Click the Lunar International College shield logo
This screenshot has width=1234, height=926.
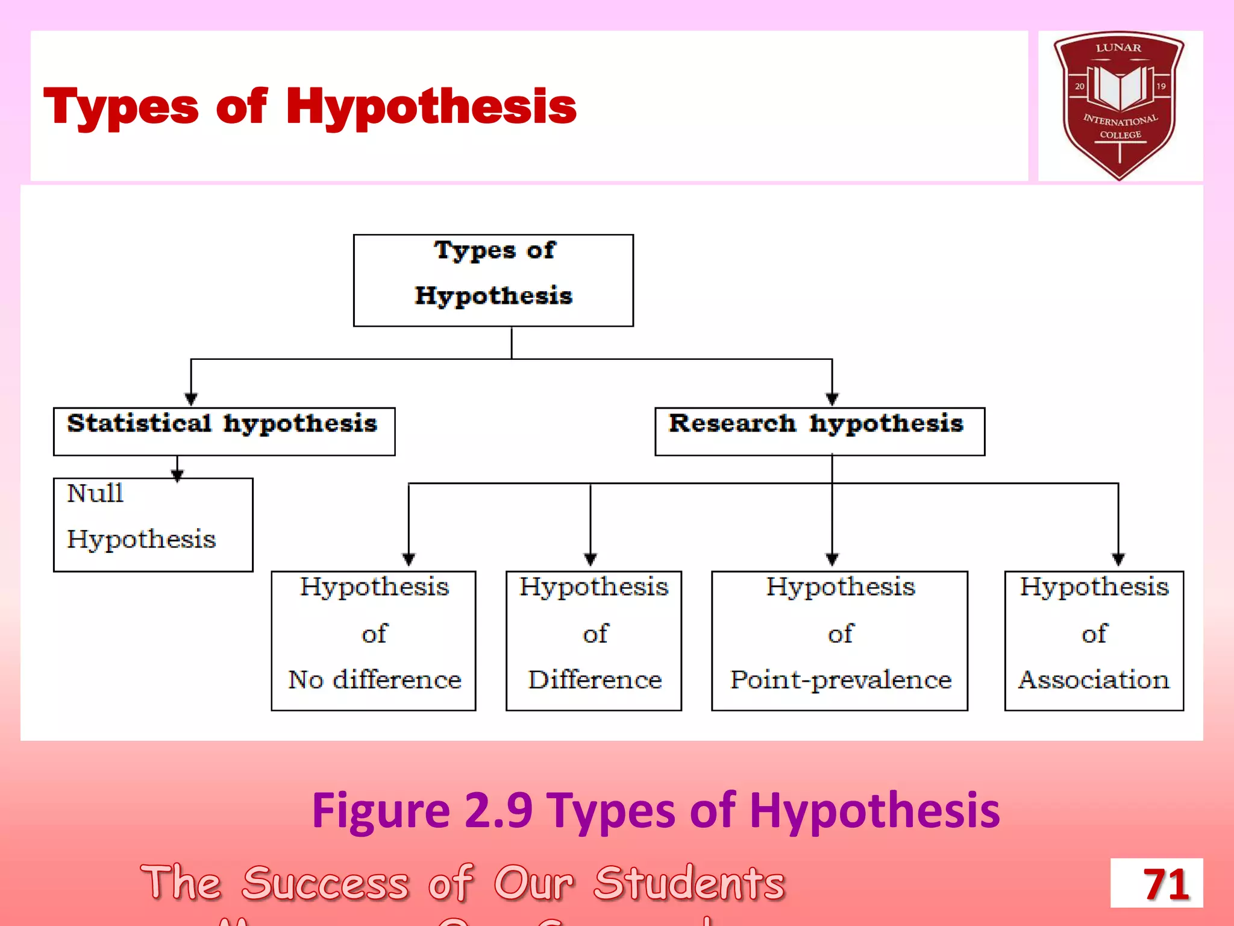[x=1120, y=104]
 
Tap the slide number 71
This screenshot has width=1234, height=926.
[x=1157, y=883]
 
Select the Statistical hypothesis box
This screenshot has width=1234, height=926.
[x=224, y=431]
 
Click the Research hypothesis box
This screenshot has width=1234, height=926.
[x=819, y=431]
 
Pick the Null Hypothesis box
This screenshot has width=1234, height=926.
[x=153, y=524]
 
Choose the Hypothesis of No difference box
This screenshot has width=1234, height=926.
[x=374, y=640]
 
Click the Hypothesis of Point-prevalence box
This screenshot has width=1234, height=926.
[x=839, y=640]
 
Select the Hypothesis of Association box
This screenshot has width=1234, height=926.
[x=1094, y=640]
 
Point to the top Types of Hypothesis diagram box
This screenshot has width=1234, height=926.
[x=493, y=280]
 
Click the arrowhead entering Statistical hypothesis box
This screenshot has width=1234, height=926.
[x=191, y=399]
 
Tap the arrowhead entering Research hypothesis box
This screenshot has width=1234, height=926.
[x=832, y=399]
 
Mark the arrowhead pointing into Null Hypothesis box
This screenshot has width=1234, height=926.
[x=177, y=475]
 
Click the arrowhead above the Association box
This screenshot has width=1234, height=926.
[x=1118, y=559]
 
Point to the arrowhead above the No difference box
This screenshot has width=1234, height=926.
[x=409, y=559]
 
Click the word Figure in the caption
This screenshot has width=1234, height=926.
[x=381, y=811]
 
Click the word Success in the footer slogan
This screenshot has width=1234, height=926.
[x=325, y=883]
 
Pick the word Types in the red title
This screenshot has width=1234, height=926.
[x=121, y=107]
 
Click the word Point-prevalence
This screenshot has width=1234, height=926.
[x=841, y=680]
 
